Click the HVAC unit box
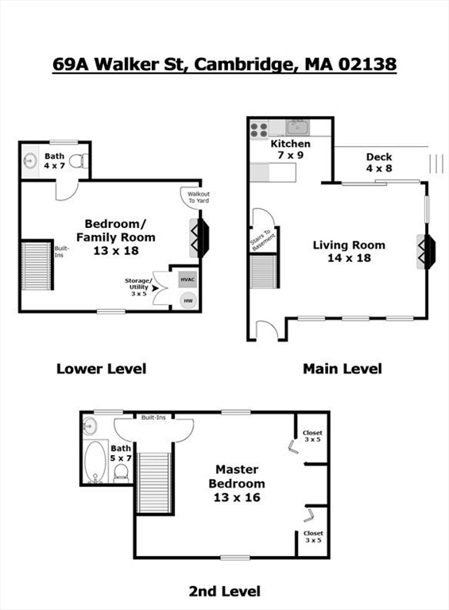point(188,280)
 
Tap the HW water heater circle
point(188,301)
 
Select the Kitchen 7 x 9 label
point(291,149)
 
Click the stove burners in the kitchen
point(259,129)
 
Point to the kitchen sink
point(298,128)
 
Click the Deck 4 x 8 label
point(379,163)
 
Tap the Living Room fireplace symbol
point(426,251)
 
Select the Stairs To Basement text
point(263,241)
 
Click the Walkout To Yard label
point(199,197)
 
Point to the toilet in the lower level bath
point(79,160)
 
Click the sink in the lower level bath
point(30,160)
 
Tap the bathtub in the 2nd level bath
point(95,461)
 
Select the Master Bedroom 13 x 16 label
point(237,483)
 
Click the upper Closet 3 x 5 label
point(312,436)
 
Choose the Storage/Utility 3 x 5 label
point(138,287)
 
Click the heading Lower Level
point(102,369)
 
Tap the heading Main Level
point(343,369)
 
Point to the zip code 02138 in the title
point(367,64)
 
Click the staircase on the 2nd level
point(155,483)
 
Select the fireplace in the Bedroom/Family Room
point(199,238)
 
